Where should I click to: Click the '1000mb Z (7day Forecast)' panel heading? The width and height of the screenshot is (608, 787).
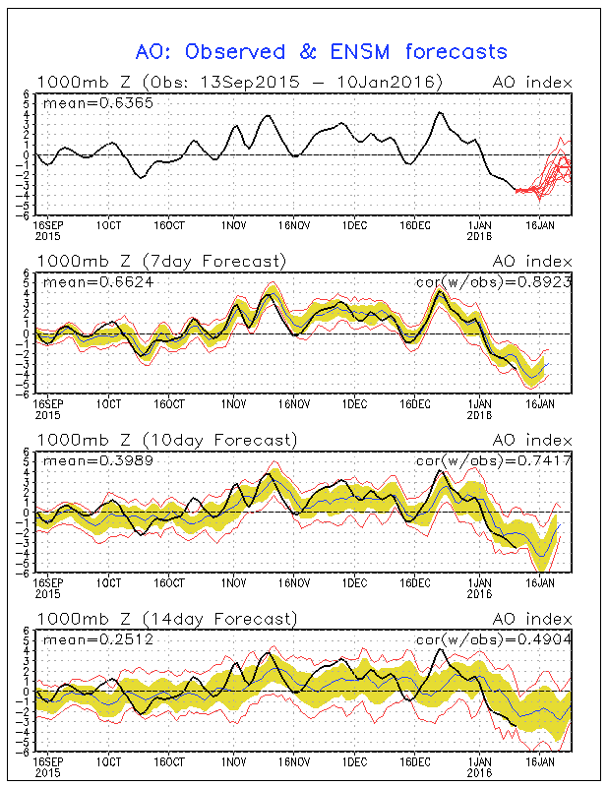coord(161,261)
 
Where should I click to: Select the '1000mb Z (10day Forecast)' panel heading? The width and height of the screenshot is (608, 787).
coord(165,440)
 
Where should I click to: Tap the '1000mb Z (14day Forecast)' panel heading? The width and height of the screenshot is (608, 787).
coord(165,619)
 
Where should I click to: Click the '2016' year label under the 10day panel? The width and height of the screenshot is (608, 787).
coord(478,593)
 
